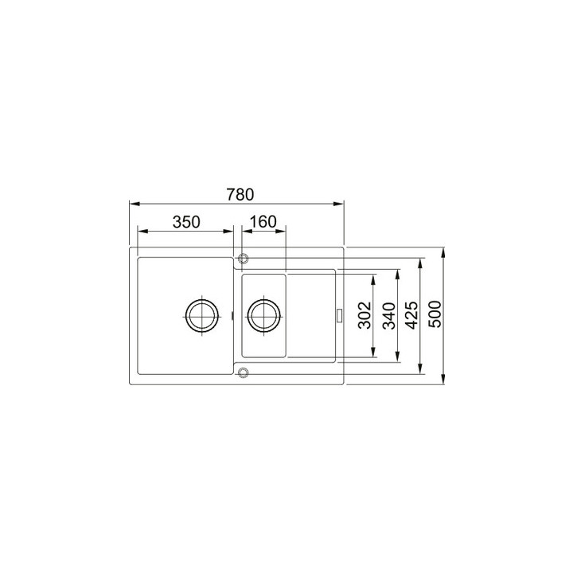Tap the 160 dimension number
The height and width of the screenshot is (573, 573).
click(x=262, y=222)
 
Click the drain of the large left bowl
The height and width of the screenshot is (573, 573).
click(x=201, y=315)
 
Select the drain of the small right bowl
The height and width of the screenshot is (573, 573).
click(x=262, y=315)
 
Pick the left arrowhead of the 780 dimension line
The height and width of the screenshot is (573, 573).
click(x=132, y=202)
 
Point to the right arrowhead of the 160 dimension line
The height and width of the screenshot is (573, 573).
click(x=283, y=231)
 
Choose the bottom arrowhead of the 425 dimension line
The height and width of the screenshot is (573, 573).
click(x=420, y=371)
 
